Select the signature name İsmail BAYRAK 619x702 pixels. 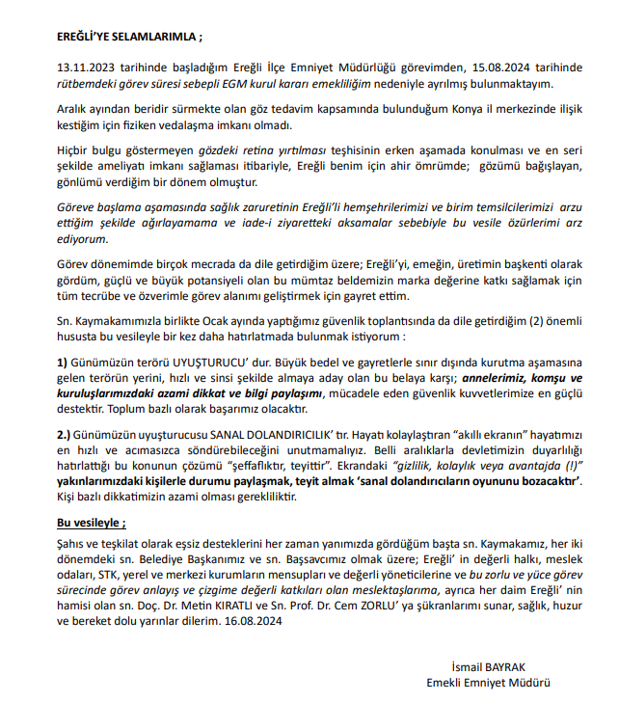[x=490, y=666]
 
